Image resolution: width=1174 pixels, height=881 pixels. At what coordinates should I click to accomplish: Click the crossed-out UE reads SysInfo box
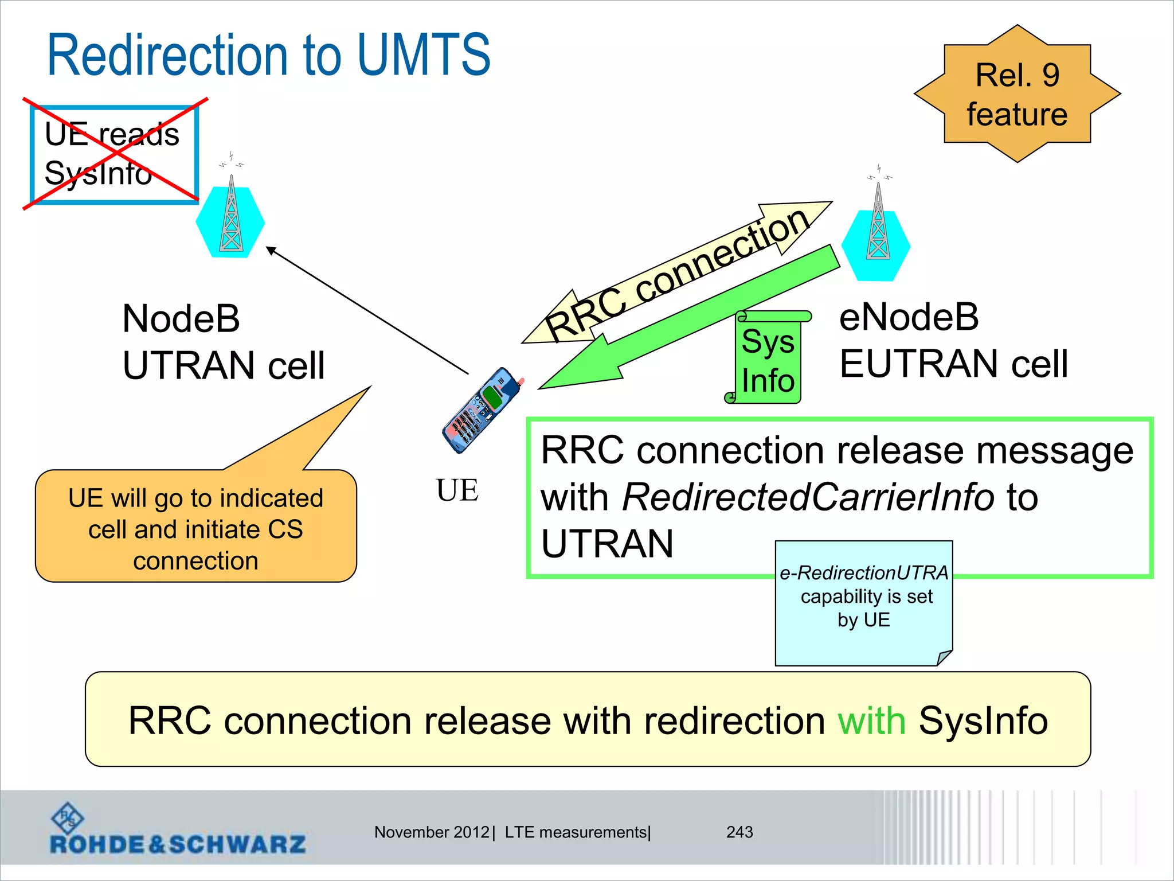pos(114,154)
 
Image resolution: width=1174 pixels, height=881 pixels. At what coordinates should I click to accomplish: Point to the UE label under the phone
pos(457,491)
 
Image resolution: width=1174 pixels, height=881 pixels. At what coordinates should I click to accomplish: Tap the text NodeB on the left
pos(181,319)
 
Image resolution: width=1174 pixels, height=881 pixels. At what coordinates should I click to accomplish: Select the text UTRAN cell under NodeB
pos(224,366)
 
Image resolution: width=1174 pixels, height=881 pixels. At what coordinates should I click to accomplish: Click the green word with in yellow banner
pos(871,720)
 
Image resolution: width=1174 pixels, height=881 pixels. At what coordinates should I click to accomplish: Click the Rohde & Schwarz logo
pos(177,830)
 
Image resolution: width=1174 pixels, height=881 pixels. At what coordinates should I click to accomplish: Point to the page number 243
pos(739,832)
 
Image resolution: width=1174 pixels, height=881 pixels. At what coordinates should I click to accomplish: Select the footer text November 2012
pos(431,832)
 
